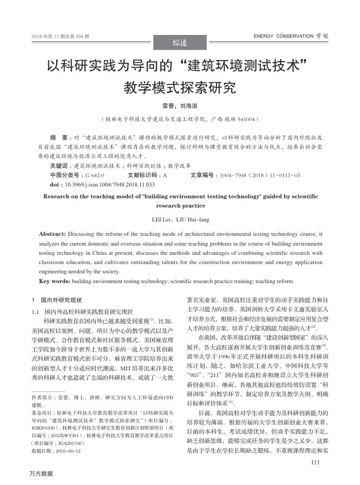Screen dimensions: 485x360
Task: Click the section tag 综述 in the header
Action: click(180, 43)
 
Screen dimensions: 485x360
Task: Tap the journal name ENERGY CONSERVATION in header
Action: click(283, 36)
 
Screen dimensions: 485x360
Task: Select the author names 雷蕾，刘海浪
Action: click(180, 106)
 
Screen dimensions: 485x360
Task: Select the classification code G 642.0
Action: click(95, 175)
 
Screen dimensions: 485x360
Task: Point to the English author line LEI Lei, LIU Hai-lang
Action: click(180, 220)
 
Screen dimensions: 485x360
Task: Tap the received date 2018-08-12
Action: click(66, 450)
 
